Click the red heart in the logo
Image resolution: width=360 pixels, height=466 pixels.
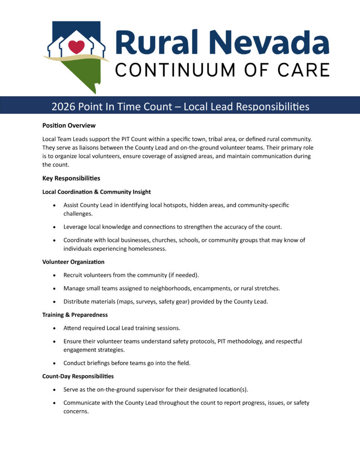pos(76,46)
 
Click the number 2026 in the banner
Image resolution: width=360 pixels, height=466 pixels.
pos(63,106)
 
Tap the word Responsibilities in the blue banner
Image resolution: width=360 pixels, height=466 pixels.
pos(273,106)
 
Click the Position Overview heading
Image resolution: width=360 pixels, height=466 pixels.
pos(69,125)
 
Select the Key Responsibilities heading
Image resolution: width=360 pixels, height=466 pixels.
pos(71,178)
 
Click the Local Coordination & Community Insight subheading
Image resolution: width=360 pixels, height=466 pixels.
pos(96,192)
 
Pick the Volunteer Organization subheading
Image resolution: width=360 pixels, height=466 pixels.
pos(73,262)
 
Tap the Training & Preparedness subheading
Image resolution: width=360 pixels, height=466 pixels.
pos(75,314)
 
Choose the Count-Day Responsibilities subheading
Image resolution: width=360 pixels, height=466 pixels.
pos(78,376)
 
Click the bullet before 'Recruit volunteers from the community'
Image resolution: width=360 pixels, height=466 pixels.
pos(55,276)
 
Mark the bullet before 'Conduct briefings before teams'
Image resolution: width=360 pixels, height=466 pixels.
pos(55,363)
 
